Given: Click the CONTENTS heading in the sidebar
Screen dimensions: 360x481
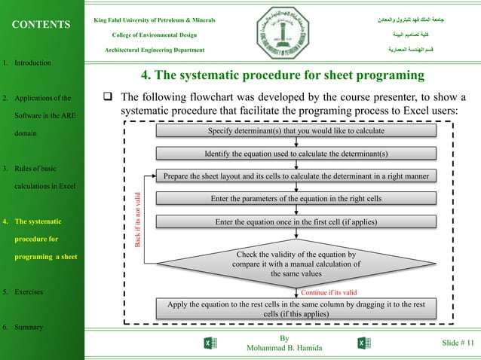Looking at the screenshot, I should pyautogui.click(x=41, y=25).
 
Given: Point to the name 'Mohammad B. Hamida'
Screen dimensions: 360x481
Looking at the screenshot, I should pyautogui.click(x=283, y=349).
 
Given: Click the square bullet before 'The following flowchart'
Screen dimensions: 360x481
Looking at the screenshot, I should pyautogui.click(x=108, y=98).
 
